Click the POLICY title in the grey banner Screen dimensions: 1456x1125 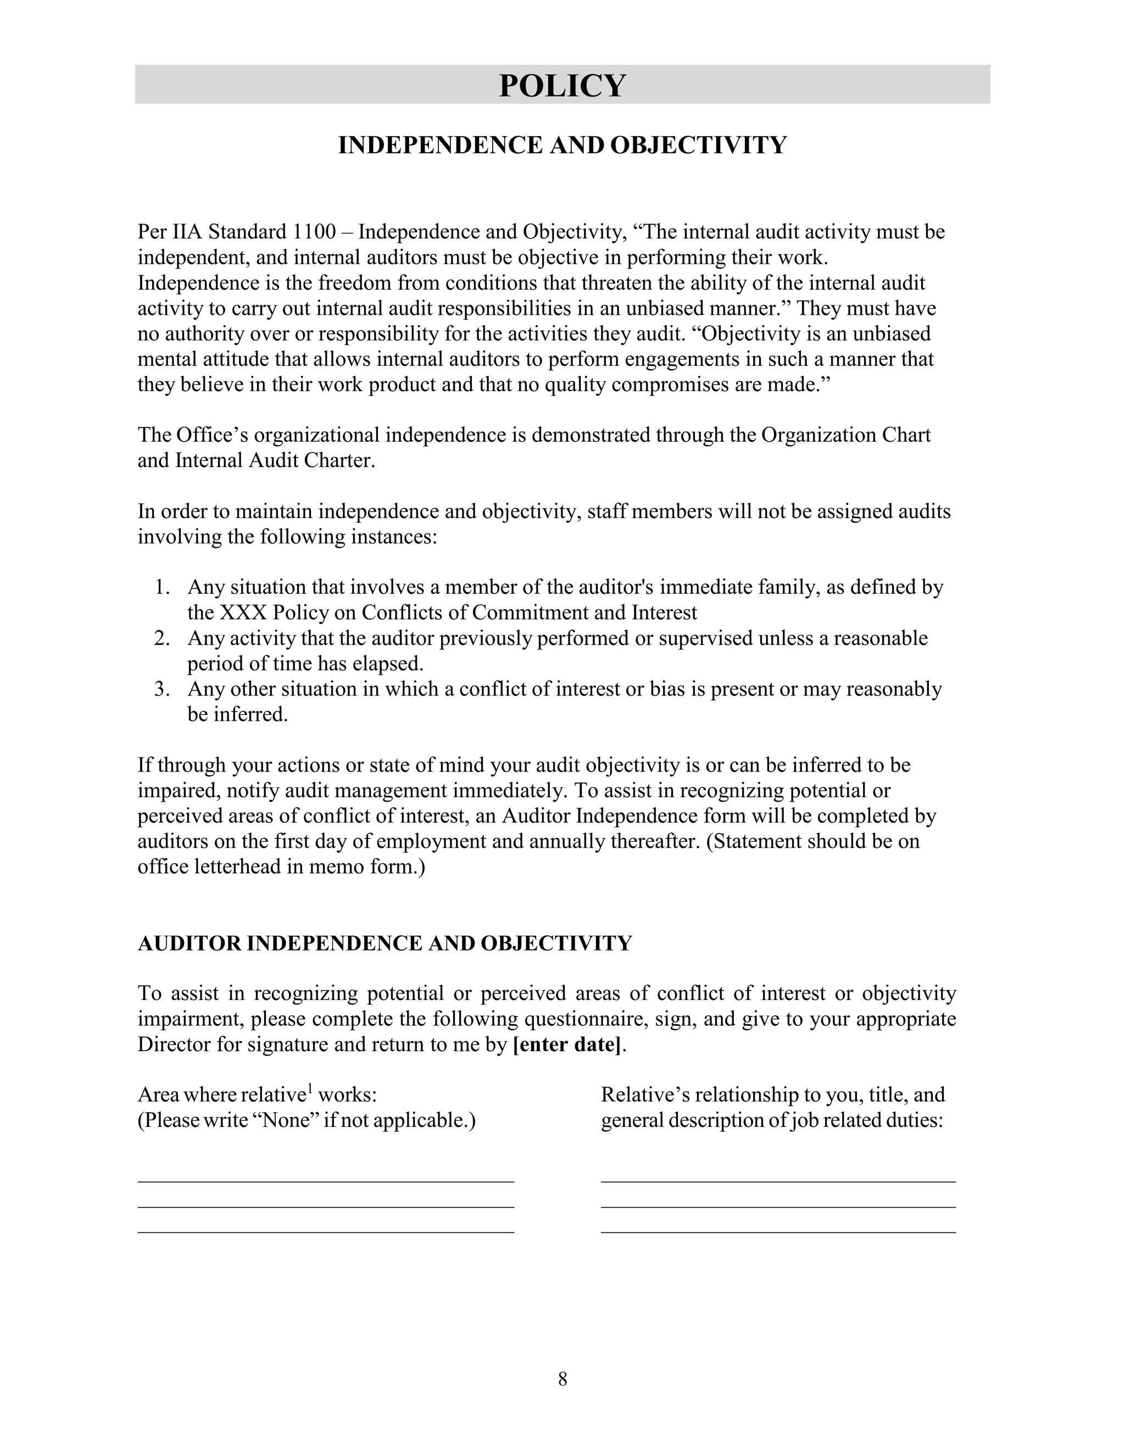tap(562, 85)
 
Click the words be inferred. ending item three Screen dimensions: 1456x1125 tap(237, 715)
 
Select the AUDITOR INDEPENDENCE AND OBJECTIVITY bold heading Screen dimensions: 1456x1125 tap(385, 944)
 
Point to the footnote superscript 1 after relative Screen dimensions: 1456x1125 tap(309, 1090)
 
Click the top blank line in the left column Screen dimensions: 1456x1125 tap(325, 1181)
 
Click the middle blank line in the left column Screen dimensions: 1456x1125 tap(325, 1207)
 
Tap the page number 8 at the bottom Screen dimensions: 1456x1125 tap(562, 1379)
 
